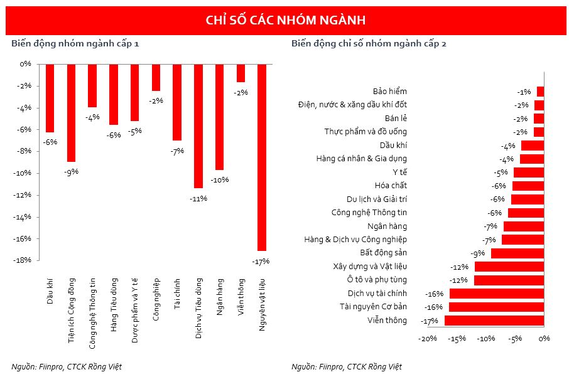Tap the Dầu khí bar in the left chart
(50, 98)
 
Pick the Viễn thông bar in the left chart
(241, 73)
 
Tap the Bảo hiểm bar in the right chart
(540, 92)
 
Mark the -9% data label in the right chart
(479, 253)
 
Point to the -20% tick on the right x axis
(428, 339)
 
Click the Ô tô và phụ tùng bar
(509, 280)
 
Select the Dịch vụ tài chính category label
(377, 293)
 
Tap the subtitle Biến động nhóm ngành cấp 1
(75, 44)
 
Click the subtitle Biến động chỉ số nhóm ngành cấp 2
(369, 44)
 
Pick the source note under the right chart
(347, 366)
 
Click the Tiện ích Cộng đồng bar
(72, 113)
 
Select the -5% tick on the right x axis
(515, 339)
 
